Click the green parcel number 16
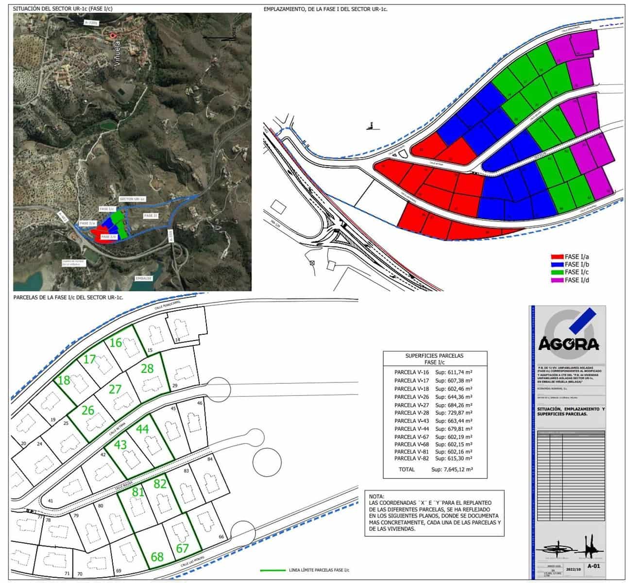[x=116, y=343]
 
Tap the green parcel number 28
[x=147, y=368]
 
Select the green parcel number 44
[x=142, y=429]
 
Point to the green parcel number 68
[x=157, y=557]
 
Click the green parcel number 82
[x=160, y=484]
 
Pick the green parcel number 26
[x=88, y=411]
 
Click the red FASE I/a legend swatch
[x=557, y=257]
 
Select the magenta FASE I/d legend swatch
[x=557, y=280]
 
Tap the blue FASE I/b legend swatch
[x=557, y=264]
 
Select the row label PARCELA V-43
[x=410, y=421]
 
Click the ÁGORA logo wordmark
[x=568, y=344]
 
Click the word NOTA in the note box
[x=376, y=497]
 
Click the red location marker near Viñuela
[x=113, y=35]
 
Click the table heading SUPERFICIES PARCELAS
[x=434, y=356]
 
